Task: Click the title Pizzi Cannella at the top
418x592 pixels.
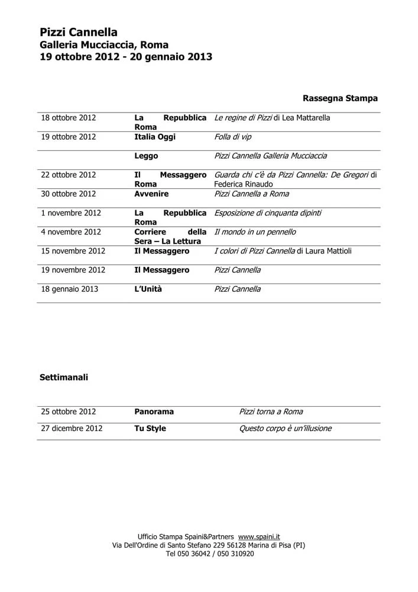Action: point(79,33)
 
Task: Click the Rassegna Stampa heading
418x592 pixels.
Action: point(340,98)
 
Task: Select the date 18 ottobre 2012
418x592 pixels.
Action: point(68,118)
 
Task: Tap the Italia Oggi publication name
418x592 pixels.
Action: point(155,137)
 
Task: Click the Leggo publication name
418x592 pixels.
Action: point(146,156)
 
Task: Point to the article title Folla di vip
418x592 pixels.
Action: point(233,137)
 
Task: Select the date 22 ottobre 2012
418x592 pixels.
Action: point(68,175)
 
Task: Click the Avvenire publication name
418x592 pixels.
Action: point(151,194)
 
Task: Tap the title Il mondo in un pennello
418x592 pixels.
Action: point(255,232)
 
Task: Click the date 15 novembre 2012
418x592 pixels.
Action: point(73,251)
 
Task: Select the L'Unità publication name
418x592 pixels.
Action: point(148,289)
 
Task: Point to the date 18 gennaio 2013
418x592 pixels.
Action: point(69,289)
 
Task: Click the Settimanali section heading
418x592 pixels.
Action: point(64,377)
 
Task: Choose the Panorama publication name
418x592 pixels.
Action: point(154,411)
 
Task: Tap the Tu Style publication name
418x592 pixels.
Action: point(150,428)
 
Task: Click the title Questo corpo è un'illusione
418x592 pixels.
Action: point(286,428)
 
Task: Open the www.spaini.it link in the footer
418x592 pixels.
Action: point(259,536)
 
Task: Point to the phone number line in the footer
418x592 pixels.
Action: point(209,554)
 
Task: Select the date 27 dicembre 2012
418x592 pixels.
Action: point(72,428)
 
